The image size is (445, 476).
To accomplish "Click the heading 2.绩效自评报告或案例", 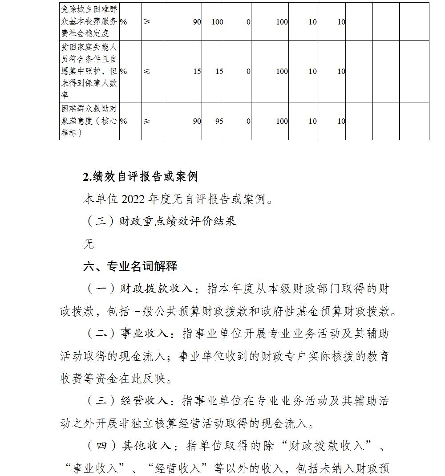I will pyautogui.click(x=140, y=177).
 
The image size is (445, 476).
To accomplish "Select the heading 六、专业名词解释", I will pyautogui.click(x=130, y=266).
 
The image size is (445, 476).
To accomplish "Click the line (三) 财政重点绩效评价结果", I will pyautogui.click(x=160, y=221).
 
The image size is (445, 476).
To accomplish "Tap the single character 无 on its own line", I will pyautogui.click(x=89, y=244).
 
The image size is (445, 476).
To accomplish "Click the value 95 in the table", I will pyautogui.click(x=218, y=121).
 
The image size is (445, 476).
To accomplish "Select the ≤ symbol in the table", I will pyautogui.click(x=147, y=71).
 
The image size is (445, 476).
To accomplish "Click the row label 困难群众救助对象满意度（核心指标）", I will pyautogui.click(x=89, y=121).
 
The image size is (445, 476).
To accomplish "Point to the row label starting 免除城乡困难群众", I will pyautogui.click(x=89, y=21).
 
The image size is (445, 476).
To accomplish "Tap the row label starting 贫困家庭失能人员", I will pyautogui.click(x=89, y=71).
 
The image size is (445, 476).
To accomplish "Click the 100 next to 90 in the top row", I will pyautogui.click(x=217, y=21).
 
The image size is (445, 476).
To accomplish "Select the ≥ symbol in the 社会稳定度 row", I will pyautogui.click(x=147, y=21).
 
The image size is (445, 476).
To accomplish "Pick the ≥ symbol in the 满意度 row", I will pyautogui.click(x=147, y=121).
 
